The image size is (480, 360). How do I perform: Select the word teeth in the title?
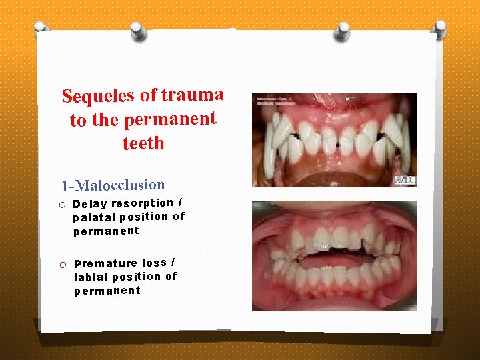click(143, 143)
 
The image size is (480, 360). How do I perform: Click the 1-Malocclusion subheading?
click(113, 185)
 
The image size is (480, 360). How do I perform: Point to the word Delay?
click(90, 204)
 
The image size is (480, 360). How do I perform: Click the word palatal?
click(94, 217)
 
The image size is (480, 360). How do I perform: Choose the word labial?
click(91, 277)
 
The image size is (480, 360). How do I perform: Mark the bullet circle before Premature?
click(62, 265)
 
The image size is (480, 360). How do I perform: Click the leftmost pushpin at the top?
click(41, 28)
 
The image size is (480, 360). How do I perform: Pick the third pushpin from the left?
click(343, 31)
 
